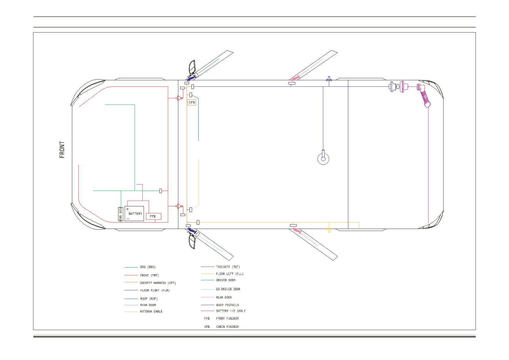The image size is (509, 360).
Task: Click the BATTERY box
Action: coord(134,213)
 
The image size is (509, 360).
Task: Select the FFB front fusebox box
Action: coord(154,216)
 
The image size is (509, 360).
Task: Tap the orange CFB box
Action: coord(192,102)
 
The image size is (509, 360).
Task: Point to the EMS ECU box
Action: coord(120,214)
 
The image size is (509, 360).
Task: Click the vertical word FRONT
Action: coord(62,150)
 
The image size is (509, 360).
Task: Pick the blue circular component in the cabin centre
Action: coord(323,159)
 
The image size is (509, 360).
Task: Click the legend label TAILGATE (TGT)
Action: coord(228,267)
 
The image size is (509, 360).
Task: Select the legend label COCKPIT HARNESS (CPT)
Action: coord(158,283)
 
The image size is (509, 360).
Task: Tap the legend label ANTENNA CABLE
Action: coord(151,311)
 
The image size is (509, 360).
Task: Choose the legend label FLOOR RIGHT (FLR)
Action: coord(155,291)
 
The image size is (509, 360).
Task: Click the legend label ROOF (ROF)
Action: coord(149,299)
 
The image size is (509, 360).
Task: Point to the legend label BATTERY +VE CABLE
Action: coord(231,311)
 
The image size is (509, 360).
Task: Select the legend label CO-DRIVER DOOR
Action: coord(228,289)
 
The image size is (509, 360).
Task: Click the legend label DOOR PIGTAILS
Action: coord(227,305)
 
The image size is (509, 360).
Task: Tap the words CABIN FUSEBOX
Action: coord(227,327)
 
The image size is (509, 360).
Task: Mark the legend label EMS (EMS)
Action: coord(148,267)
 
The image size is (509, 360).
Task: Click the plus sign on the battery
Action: coord(127,209)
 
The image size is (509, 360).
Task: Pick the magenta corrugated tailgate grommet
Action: coord(425,96)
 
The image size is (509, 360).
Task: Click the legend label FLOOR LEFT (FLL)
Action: coord(230,274)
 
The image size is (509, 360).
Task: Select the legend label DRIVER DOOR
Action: coord(226,280)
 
